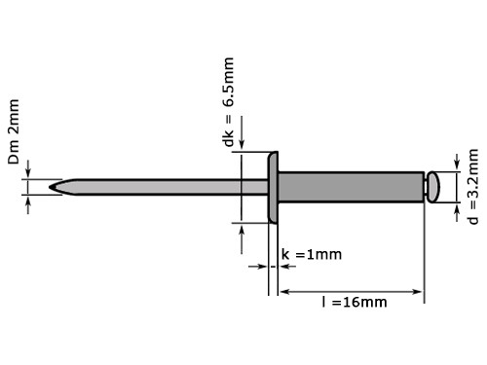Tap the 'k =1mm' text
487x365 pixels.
pos(311,255)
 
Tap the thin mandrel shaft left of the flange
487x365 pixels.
pos(156,185)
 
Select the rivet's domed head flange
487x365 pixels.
pos(274,185)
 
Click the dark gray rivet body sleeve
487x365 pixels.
pos(351,185)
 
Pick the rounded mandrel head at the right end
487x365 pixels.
pos(434,185)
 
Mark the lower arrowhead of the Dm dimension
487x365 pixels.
pos(29,200)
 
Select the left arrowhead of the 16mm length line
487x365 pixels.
pos(284,291)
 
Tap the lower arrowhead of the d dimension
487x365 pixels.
pos(454,205)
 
